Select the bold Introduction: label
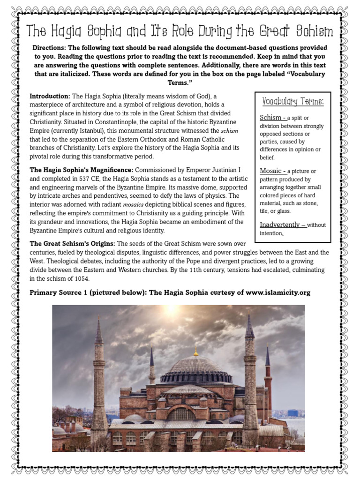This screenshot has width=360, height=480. [x=50, y=96]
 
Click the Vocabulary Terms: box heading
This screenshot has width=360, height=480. [x=293, y=101]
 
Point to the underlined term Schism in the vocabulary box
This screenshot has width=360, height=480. [x=270, y=117]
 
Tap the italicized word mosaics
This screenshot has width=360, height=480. [x=133, y=204]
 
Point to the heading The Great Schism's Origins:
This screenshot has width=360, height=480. [x=72, y=244]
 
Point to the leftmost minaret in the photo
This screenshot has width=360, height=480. [x=99, y=375]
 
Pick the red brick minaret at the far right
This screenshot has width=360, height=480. [x=268, y=380]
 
